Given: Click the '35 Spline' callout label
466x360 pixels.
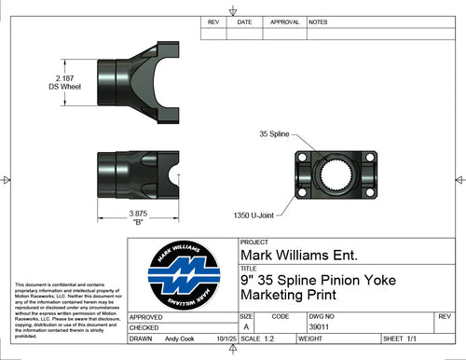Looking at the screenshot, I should click(277, 134).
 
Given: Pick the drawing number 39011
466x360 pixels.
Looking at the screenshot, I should click(321, 327).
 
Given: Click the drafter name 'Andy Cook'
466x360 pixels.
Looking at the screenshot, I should click(184, 339).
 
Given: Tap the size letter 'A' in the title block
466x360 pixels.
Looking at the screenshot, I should click(246, 327).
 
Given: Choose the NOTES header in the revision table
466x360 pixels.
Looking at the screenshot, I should click(318, 21).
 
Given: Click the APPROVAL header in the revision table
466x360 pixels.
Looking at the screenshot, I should click(283, 21).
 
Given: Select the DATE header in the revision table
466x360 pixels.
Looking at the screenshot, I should click(244, 21).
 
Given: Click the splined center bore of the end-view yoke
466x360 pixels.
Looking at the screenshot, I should click(334, 173).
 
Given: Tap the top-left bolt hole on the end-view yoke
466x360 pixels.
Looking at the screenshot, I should click(305, 158).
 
